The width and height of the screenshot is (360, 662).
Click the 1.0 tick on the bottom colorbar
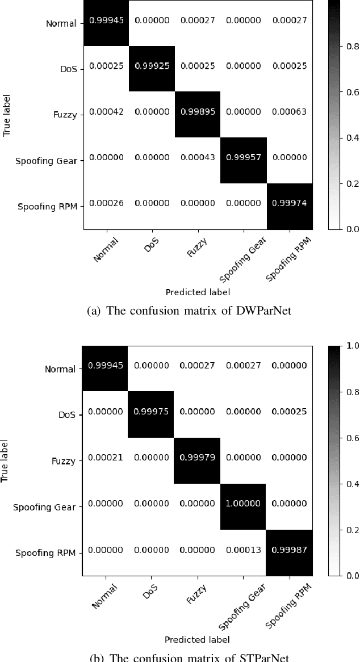click(x=352, y=346)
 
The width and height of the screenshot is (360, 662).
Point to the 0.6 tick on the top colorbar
click(x=353, y=92)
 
